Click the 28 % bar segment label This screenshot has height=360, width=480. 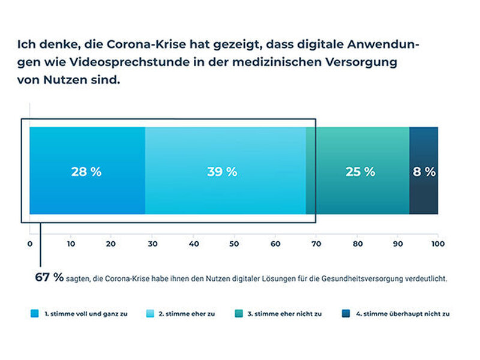86,172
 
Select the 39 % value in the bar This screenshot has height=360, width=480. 222,172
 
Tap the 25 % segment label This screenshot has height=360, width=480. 360,172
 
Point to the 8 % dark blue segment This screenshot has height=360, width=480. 424,172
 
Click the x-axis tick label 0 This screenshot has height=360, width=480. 30,244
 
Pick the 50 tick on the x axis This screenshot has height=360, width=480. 234,244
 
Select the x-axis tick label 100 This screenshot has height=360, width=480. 438,244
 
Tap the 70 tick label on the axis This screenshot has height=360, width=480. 316,244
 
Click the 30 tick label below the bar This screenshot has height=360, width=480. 152,244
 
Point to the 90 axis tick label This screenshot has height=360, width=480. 397,244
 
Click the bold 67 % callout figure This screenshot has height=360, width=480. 49,277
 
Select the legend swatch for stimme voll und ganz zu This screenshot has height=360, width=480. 34,314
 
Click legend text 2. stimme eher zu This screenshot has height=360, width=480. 187,314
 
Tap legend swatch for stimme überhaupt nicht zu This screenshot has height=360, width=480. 346,314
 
